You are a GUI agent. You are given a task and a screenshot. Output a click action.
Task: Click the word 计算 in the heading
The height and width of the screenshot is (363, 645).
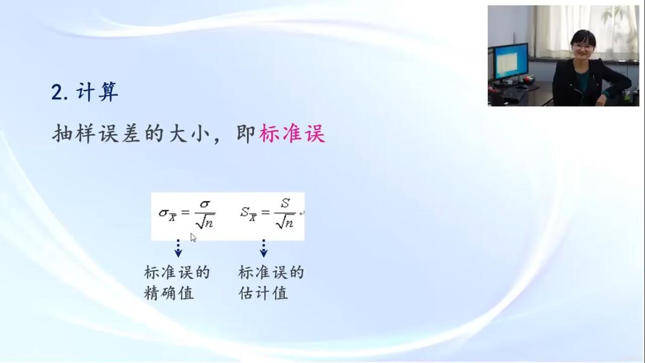tap(97, 91)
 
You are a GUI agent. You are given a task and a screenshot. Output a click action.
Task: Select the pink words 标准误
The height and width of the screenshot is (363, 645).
tap(292, 134)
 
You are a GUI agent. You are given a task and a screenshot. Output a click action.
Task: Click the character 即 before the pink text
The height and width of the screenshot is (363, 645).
tap(246, 134)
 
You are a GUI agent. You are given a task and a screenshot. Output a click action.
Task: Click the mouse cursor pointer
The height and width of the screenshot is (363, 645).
tap(193, 237)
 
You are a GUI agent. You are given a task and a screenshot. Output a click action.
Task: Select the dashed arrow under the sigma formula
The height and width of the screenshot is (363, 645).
tap(178, 248)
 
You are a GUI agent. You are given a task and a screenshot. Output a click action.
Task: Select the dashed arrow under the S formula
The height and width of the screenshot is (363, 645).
tap(264, 248)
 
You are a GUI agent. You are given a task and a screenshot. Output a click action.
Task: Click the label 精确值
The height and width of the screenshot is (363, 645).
tap(169, 293)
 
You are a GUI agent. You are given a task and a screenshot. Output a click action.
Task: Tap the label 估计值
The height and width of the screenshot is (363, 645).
tap(264, 293)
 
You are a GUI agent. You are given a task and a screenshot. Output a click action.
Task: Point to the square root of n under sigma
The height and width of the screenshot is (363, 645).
tap(205, 222)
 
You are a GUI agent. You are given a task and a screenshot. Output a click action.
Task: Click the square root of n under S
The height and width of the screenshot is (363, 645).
tap(285, 222)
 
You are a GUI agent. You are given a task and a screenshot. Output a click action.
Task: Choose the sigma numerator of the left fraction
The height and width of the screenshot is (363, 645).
tap(205, 204)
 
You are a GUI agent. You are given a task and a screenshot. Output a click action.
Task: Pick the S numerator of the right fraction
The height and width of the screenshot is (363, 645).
tap(285, 203)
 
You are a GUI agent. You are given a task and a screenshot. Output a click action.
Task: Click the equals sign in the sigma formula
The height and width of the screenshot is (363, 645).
tap(186, 213)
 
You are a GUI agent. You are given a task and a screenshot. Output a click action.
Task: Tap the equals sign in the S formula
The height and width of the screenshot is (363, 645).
tap(265, 213)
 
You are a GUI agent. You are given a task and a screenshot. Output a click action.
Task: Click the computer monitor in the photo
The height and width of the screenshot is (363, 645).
tap(510, 61)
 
